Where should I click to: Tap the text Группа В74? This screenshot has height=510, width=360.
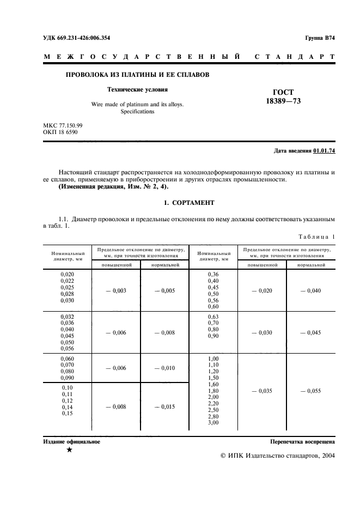(x=320, y=38)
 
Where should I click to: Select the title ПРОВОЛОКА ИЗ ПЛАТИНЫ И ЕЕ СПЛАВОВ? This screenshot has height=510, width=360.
(x=138, y=74)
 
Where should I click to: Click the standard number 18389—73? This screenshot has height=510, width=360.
(x=283, y=101)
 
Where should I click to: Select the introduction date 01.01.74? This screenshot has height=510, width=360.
(x=325, y=151)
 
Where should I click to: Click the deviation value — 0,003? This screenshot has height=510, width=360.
(x=116, y=291)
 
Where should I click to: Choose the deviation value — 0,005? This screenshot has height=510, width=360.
(x=164, y=291)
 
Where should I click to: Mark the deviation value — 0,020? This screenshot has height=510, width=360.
(x=262, y=291)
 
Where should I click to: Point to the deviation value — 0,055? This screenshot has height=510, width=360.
(x=311, y=391)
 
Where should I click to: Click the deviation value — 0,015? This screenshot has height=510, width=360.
(x=164, y=406)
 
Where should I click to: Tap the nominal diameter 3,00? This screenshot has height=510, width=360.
(x=213, y=423)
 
